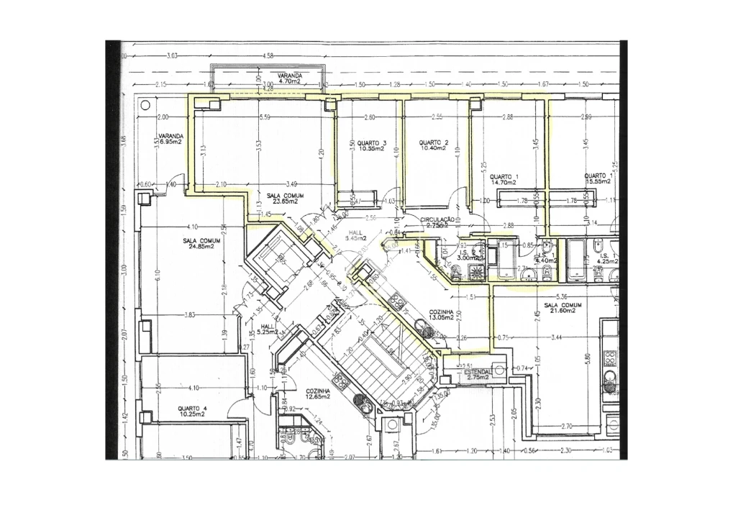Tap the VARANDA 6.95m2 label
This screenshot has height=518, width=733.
point(170,139)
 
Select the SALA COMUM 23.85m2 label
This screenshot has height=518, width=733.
point(285,199)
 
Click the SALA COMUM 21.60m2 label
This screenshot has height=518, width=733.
point(564,308)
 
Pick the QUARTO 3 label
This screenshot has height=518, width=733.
point(373,146)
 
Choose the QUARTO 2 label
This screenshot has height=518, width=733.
point(434,146)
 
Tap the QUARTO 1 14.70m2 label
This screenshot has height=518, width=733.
point(504,180)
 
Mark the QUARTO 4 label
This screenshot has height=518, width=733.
point(192,412)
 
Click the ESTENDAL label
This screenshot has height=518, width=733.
point(478,374)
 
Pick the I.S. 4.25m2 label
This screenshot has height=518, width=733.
point(606,259)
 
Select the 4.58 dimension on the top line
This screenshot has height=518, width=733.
point(269,55)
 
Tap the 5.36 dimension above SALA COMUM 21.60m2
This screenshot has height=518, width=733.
point(563,296)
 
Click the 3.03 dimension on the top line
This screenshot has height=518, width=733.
point(172,55)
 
